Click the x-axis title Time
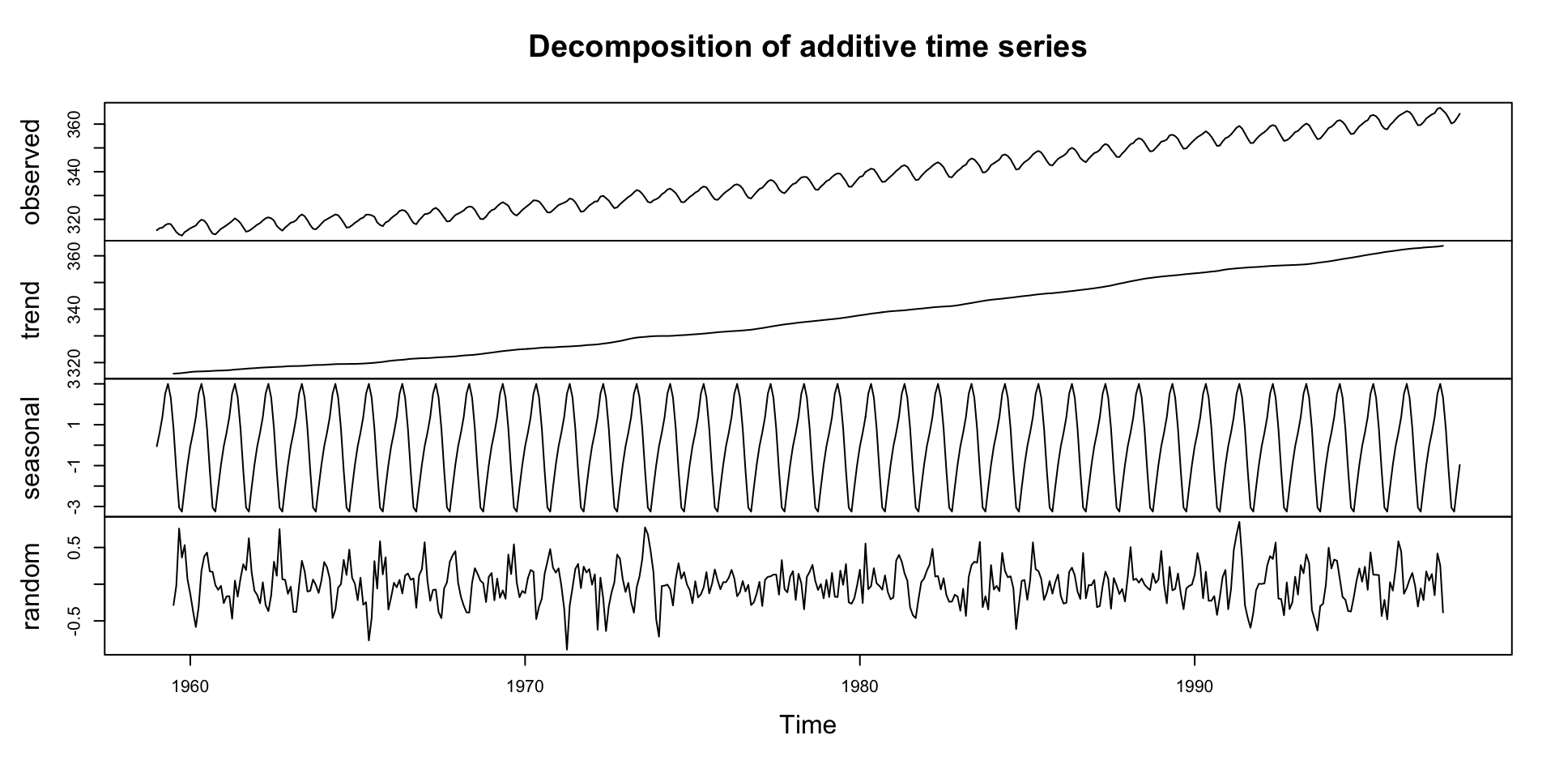click(807, 725)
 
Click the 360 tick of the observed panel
click(75, 124)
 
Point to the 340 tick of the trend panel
click(75, 310)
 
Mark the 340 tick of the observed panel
click(75, 172)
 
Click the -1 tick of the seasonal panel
click(75, 465)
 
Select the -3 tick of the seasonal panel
click(75, 506)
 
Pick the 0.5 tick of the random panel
click(75, 548)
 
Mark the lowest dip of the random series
click(567, 649)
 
